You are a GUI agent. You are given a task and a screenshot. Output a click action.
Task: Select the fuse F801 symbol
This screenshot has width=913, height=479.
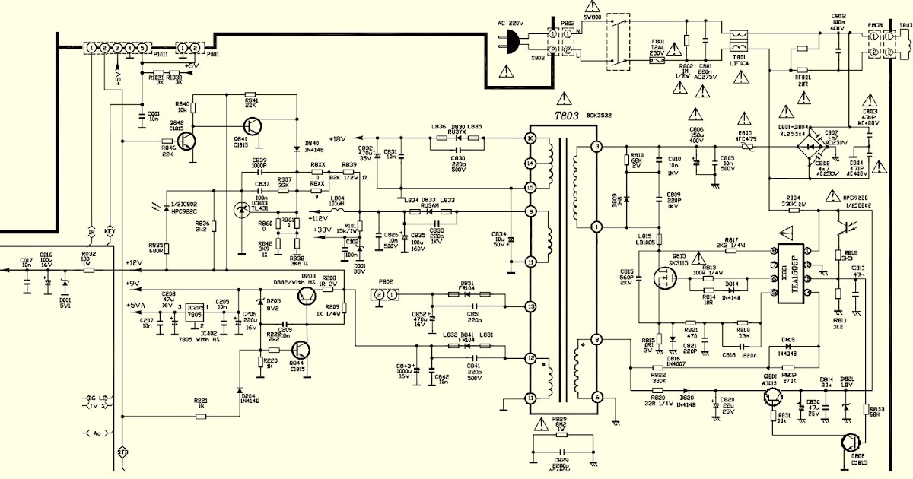coord(658,57)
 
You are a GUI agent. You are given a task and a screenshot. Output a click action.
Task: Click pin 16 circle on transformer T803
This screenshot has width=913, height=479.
coord(531,138)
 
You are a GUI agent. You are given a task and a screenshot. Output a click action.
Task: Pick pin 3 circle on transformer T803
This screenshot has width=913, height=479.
coord(597,146)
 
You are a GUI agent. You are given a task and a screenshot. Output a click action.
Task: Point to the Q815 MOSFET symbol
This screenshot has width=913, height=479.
coord(667,280)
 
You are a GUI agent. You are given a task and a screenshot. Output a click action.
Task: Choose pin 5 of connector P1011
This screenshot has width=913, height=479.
coord(142,49)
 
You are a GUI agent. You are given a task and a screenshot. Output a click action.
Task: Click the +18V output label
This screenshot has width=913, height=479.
coord(337,139)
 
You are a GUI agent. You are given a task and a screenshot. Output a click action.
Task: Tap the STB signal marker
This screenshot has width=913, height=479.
coord(122,453)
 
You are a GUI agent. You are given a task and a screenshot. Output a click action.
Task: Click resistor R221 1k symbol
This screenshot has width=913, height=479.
coord(201,416)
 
